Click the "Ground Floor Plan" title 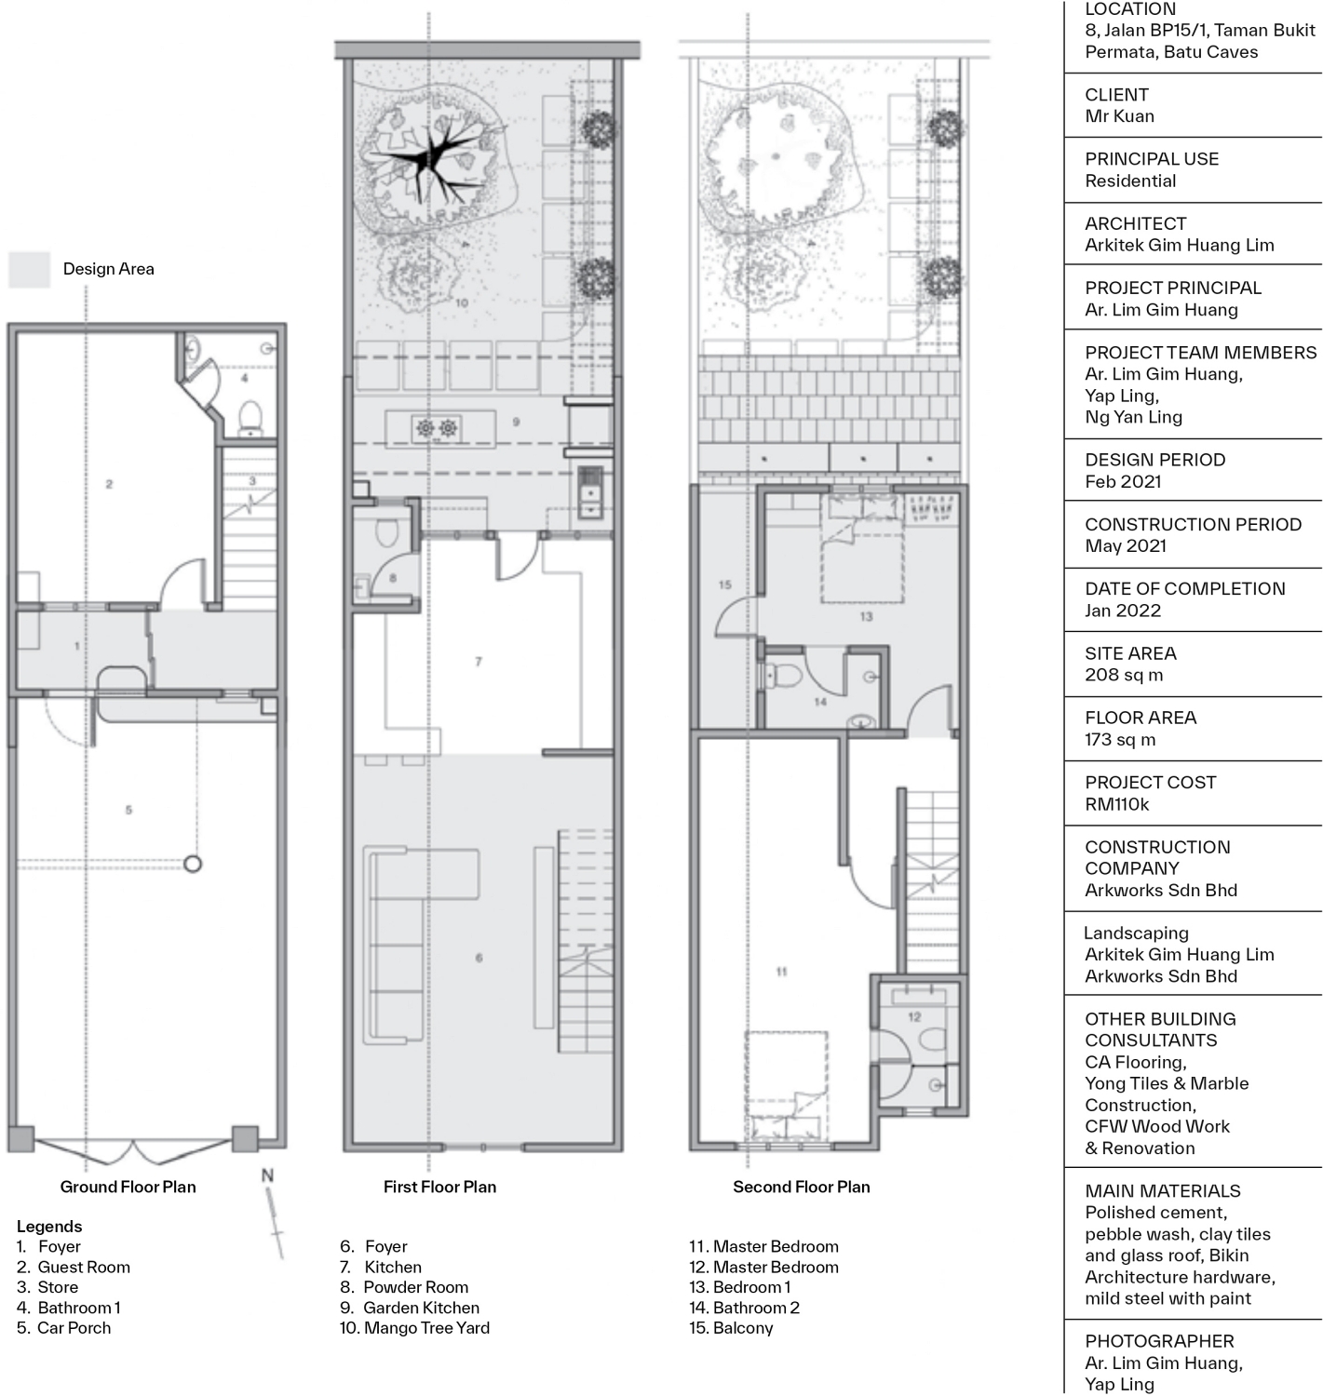tap(128, 1187)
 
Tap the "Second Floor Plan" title tap(802, 1187)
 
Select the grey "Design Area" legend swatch tap(29, 269)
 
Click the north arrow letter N tap(267, 1175)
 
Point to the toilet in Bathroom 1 tap(250, 418)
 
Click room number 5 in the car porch tap(128, 810)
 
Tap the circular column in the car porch tap(193, 865)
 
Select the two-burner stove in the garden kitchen tap(437, 428)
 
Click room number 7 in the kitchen tap(479, 661)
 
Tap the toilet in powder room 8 tap(385, 531)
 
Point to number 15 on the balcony tap(724, 584)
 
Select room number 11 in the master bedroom tap(781, 972)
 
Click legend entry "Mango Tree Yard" tap(427, 1328)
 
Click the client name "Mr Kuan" tap(1119, 116)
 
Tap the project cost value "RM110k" tap(1116, 804)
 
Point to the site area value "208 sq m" tap(1124, 676)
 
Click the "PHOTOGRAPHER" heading tap(1159, 1341)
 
